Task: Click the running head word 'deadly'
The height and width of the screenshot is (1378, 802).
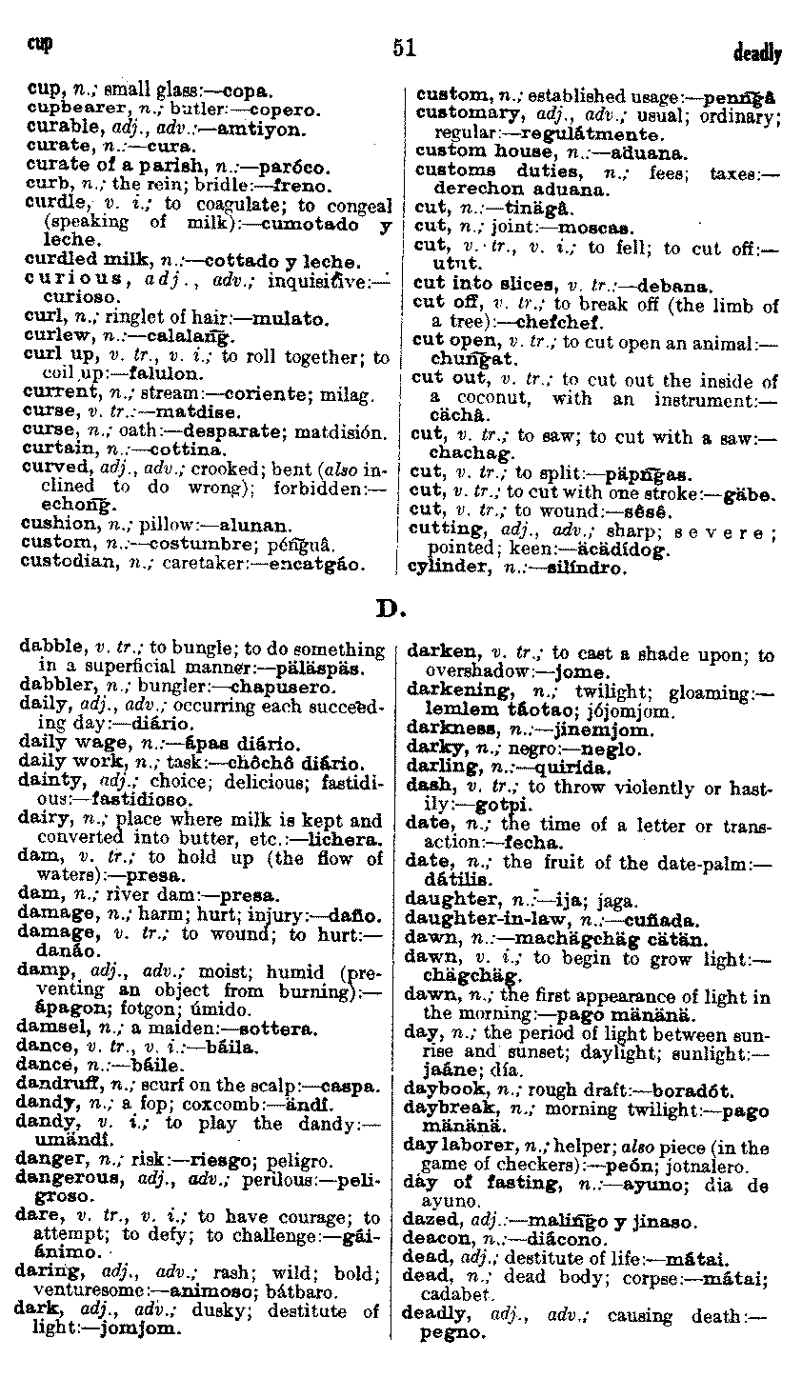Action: tap(757, 53)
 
